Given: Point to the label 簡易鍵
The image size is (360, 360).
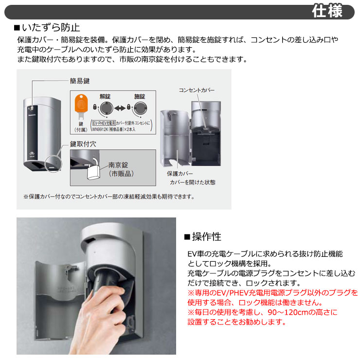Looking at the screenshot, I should point(80,81).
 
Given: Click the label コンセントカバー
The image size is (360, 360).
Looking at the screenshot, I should point(197,90).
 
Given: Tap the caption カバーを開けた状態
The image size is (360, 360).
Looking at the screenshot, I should point(193,182).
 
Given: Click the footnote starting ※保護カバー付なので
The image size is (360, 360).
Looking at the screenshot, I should point(109,197).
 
